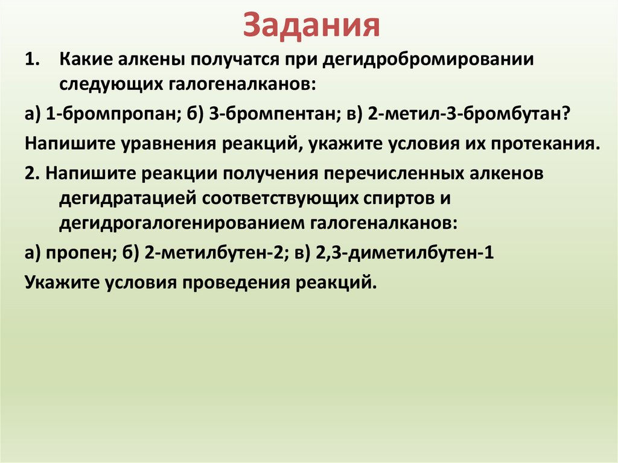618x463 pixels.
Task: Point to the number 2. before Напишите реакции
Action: [x=33, y=174]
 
